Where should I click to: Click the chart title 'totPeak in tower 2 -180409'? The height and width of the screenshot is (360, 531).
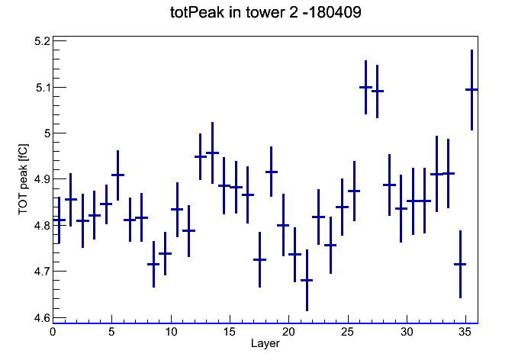pos(265,12)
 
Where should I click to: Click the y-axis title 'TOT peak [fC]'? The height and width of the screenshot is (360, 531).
pos(23,179)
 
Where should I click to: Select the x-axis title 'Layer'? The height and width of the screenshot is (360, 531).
pos(265,343)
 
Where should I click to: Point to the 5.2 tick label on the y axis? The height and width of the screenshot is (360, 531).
pos(42,41)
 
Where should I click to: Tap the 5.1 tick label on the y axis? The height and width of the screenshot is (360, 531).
pos(43,88)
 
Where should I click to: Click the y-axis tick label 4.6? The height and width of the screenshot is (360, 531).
pos(42,318)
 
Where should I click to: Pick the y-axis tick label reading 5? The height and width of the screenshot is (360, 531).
pos(47,133)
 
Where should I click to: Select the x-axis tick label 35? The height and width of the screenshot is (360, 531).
pos(465,332)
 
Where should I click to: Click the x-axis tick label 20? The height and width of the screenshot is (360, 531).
pos(288,332)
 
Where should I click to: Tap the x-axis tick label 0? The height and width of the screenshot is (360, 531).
pos(53,332)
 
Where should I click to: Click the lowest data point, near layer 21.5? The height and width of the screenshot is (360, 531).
pos(307,280)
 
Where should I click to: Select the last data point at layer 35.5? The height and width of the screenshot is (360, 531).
pos(471,89)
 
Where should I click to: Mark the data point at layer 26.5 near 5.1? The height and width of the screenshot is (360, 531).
pos(365,87)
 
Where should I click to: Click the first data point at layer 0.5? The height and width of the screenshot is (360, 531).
pos(59,220)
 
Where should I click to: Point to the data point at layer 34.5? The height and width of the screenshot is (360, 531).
pos(460,264)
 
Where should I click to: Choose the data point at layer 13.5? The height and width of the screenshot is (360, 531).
pos(212,153)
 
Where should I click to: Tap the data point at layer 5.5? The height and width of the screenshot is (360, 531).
pos(117,175)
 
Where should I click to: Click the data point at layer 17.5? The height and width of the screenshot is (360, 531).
pos(259,259)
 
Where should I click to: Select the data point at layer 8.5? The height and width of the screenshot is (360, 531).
pos(153,264)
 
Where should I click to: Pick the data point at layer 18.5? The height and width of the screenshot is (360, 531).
pos(272,172)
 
